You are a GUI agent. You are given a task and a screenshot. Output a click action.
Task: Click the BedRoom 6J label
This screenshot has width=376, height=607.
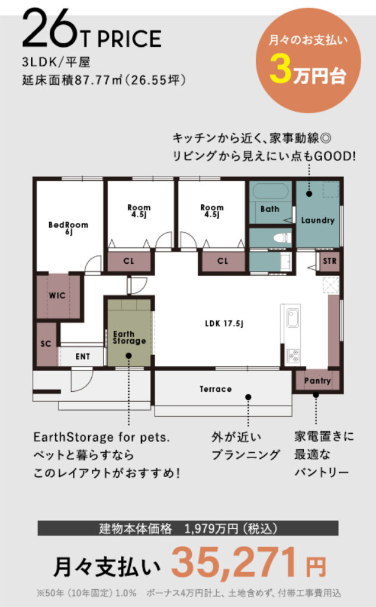click(68, 228)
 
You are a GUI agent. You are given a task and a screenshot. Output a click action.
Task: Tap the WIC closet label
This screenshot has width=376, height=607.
click(57, 296)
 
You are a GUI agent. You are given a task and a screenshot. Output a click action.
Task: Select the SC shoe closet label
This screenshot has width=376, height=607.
click(46, 343)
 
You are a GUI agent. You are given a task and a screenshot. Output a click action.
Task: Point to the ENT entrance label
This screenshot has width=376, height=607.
click(83, 356)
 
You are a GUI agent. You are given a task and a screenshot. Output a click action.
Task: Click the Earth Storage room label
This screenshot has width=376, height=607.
click(129, 337)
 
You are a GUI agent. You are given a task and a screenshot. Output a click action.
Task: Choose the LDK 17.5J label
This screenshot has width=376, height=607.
click(224, 323)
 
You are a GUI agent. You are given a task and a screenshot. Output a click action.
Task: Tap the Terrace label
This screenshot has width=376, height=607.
click(216, 389)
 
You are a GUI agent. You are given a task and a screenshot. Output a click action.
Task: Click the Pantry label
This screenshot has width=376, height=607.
click(317, 381)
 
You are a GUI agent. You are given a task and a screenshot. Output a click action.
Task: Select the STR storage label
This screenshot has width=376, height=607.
click(330, 261)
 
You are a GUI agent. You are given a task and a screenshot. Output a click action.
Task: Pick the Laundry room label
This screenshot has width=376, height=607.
click(318, 221)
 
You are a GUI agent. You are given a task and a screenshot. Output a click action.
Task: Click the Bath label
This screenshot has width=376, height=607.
click(269, 209)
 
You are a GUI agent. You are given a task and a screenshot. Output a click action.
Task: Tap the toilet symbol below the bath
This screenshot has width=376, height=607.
click(282, 238)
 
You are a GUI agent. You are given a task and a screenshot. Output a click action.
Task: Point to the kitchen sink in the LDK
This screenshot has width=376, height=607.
click(293, 318)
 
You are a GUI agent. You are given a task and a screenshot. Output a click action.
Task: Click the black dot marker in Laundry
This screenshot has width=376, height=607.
click(309, 194)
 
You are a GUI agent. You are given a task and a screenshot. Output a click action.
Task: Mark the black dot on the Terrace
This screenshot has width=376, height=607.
click(248, 397)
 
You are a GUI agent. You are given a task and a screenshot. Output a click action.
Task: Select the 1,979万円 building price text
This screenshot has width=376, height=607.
click(211, 528)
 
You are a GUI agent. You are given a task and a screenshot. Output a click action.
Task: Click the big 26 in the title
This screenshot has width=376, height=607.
click(50, 28)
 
